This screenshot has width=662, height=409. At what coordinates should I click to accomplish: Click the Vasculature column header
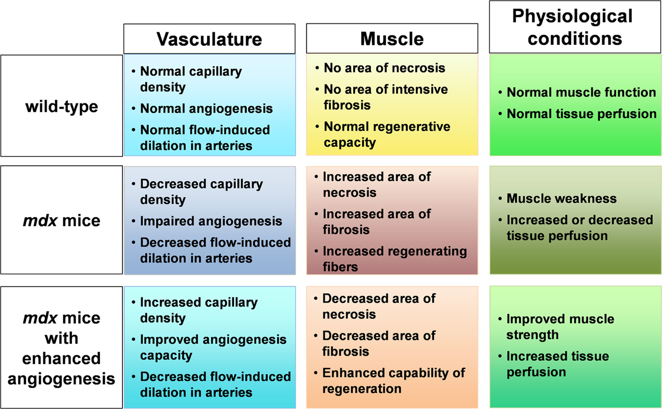[x=209, y=39]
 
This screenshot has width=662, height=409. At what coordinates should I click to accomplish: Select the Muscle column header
[x=392, y=39]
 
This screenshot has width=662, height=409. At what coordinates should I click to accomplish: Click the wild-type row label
[x=61, y=106]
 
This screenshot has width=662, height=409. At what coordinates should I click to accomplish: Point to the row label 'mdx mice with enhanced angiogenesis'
[x=61, y=348]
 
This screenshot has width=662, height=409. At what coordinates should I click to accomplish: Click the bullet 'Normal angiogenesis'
[x=206, y=108]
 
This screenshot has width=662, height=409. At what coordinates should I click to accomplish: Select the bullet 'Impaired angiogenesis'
[x=210, y=221]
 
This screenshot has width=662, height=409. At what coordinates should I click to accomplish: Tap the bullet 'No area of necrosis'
[x=384, y=68]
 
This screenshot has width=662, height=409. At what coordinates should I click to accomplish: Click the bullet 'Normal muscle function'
[x=581, y=92]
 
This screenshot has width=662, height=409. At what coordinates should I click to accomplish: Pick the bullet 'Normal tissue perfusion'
[x=581, y=114]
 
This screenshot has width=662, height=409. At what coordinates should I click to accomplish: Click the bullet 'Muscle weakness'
[x=561, y=198]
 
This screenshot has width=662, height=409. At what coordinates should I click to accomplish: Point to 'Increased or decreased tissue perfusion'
[x=579, y=228]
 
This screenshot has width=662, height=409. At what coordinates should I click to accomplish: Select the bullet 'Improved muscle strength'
[x=560, y=327]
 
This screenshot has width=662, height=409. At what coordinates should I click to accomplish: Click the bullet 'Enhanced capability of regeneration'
[x=393, y=380]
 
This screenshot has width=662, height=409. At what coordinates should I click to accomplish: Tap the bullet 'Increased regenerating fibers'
[x=394, y=259]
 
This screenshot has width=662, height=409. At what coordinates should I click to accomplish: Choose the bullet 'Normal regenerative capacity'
[x=386, y=134]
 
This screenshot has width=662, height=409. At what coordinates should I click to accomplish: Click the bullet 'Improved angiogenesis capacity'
[x=213, y=347]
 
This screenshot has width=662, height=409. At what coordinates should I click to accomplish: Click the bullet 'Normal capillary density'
[x=191, y=79]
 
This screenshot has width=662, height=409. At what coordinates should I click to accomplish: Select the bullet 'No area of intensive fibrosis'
[x=385, y=97]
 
